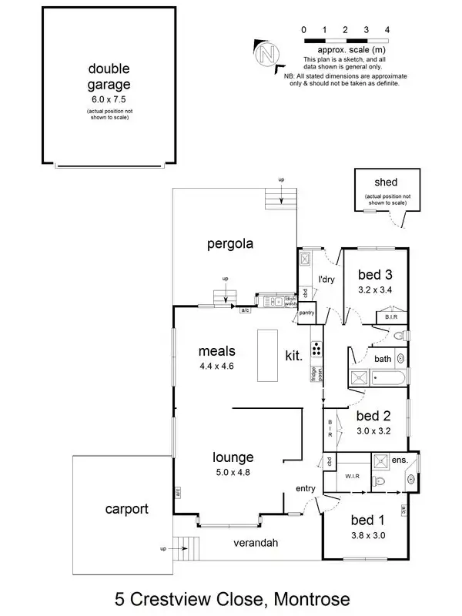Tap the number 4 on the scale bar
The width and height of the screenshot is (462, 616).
pyautogui.click(x=387, y=29)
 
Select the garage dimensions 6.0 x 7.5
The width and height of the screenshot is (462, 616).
pyautogui.click(x=109, y=99)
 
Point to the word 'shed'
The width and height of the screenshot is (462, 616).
pyautogui.click(x=386, y=182)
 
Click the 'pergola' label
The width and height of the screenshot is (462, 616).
pyautogui.click(x=230, y=245)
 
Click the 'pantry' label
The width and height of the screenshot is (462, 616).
pyautogui.click(x=306, y=313)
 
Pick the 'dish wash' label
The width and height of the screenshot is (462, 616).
pyautogui.click(x=290, y=302)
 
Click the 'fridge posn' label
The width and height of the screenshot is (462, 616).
pyautogui.click(x=314, y=373)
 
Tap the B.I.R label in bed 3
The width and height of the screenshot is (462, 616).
pyautogui.click(x=391, y=316)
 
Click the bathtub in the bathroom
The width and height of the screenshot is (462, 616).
pyautogui.click(x=390, y=377)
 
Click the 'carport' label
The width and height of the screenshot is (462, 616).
pyautogui.click(x=126, y=509)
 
